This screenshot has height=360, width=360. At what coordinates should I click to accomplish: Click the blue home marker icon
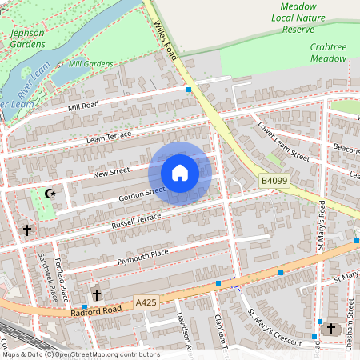click(x=180, y=173)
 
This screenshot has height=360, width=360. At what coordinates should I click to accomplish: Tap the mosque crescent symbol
click(x=50, y=193)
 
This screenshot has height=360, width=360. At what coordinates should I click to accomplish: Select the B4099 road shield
click(x=274, y=182)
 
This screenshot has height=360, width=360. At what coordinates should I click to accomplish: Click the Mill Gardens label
click(x=91, y=64)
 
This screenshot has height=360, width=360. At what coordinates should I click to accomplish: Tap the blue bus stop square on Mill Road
click(x=189, y=90)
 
